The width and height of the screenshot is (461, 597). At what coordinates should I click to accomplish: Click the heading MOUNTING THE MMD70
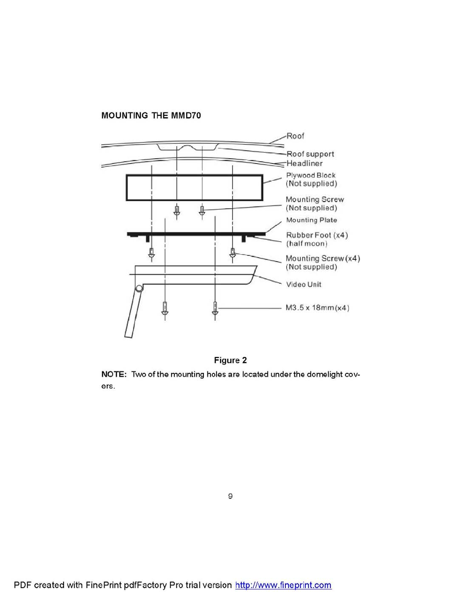(151, 115)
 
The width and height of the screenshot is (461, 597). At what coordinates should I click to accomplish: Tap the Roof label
(295, 136)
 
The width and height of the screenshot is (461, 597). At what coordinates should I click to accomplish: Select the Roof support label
(310, 154)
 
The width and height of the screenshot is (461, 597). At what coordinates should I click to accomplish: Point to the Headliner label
(304, 163)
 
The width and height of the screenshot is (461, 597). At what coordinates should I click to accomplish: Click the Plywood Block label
(311, 175)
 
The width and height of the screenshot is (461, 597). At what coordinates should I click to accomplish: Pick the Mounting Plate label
(311, 220)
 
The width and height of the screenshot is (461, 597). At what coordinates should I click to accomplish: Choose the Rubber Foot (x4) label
(317, 235)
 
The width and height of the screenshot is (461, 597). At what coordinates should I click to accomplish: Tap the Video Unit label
(304, 284)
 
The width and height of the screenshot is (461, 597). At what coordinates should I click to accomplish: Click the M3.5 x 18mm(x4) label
(317, 308)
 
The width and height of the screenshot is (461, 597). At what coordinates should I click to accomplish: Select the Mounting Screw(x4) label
(322, 259)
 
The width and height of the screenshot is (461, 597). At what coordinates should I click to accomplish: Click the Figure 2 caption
(230, 360)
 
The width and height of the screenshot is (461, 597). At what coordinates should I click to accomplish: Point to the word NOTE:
(114, 374)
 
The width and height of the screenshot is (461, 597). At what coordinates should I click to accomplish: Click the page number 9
(230, 496)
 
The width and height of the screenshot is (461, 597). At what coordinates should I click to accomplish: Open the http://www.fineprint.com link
(283, 585)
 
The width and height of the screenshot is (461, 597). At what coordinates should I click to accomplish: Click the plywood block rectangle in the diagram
(194, 188)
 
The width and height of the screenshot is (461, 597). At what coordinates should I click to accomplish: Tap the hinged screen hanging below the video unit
(133, 314)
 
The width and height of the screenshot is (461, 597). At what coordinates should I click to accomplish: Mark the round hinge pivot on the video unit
(139, 289)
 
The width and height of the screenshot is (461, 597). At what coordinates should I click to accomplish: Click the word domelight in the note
(325, 374)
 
